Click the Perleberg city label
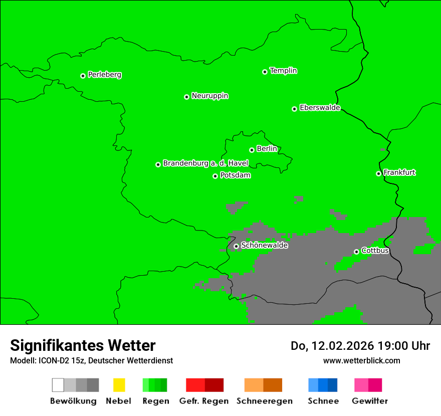104,75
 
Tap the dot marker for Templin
265,72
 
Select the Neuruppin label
209,96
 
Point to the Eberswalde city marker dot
295,109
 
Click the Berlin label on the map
267,149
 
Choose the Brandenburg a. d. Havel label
205,163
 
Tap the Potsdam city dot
215,176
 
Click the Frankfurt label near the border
399,172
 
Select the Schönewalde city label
264,245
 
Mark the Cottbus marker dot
356,252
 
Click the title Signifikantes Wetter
83,345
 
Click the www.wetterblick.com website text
361,360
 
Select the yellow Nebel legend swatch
119,385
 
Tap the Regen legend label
155,401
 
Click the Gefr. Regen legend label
204,401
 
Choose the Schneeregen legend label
264,401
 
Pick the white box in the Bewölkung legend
58,385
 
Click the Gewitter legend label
370,401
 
